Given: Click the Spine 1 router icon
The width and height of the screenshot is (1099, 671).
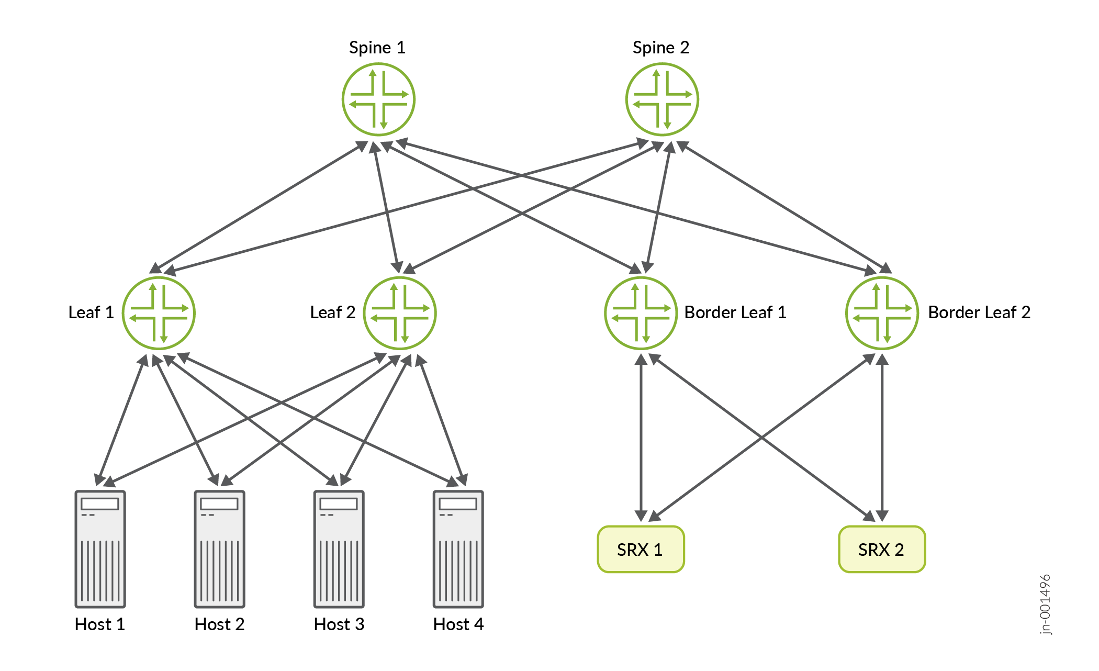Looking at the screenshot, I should pyautogui.click(x=378, y=99).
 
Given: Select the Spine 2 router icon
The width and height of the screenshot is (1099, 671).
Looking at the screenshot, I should pyautogui.click(x=662, y=99).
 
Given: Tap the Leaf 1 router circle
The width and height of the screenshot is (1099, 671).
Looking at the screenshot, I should pyautogui.click(x=159, y=313).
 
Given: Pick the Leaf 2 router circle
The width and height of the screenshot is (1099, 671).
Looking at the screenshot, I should pyautogui.click(x=400, y=313).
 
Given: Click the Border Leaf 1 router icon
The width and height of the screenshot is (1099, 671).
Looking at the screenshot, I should pyautogui.click(x=641, y=313).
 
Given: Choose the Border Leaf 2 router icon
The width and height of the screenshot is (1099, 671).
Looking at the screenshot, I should pyautogui.click(x=882, y=313).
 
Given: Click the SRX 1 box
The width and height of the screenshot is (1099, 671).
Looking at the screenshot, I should pyautogui.click(x=641, y=549).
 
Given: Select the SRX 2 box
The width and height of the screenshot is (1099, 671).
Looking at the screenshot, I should pyautogui.click(x=882, y=549).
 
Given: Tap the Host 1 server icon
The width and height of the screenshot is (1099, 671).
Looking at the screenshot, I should pyautogui.click(x=100, y=549).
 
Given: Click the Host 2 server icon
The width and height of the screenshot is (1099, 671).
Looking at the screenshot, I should pyautogui.click(x=219, y=549).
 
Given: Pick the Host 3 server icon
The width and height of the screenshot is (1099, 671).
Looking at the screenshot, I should pyautogui.click(x=339, y=549).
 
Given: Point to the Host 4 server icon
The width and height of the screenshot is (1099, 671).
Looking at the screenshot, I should pyautogui.click(x=458, y=549).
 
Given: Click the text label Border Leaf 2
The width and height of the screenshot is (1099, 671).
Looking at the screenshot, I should pyautogui.click(x=979, y=312).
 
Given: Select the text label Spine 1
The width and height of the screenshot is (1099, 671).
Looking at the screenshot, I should pyautogui.click(x=377, y=48).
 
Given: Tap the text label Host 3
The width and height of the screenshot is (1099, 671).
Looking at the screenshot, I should pyautogui.click(x=339, y=624).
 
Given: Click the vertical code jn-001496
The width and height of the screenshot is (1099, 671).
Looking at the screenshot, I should pyautogui.click(x=1045, y=605).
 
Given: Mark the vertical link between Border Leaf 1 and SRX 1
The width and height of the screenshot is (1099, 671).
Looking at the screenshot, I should pyautogui.click(x=641, y=437).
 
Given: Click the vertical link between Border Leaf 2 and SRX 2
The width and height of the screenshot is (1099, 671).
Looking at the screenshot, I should pyautogui.click(x=882, y=437).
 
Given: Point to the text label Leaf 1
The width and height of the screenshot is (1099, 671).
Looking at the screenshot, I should pyautogui.click(x=91, y=312).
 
